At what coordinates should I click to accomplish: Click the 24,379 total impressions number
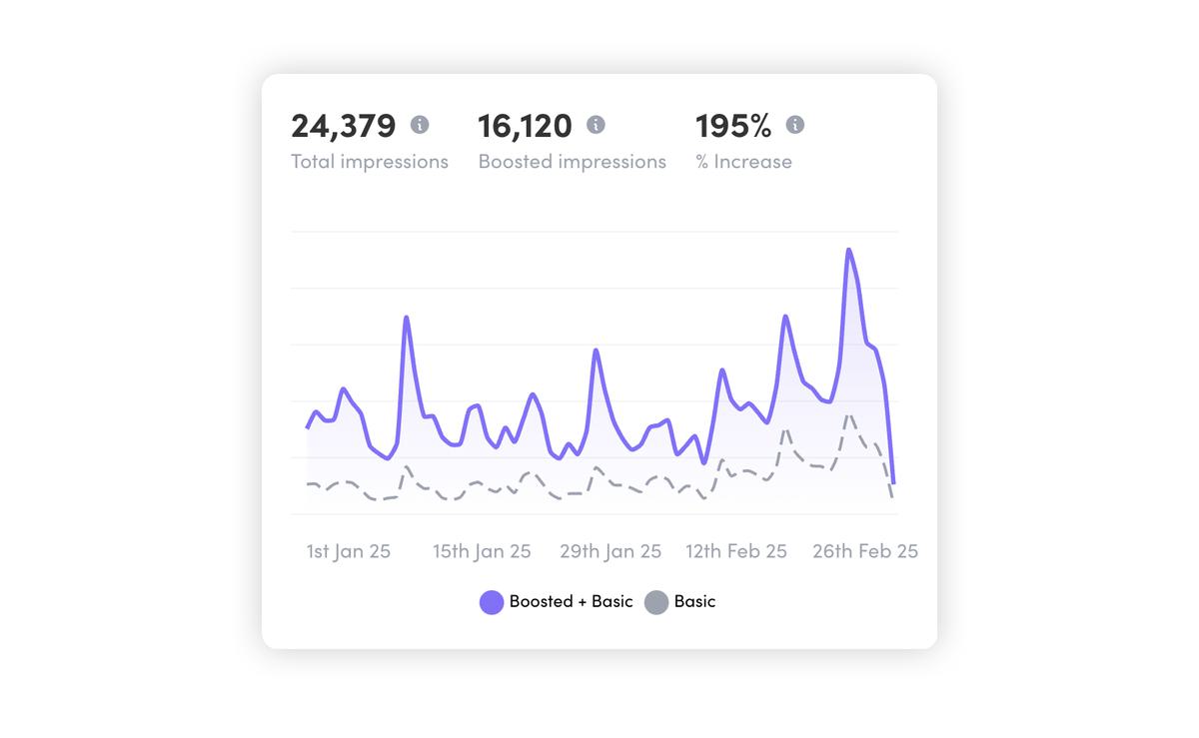tap(343, 126)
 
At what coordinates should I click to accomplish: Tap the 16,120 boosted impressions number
tap(525, 126)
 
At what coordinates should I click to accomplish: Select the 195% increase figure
tap(733, 126)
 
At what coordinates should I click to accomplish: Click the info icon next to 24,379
tap(420, 125)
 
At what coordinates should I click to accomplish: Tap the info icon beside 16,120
tap(596, 125)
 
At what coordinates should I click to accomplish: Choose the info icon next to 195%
tap(795, 125)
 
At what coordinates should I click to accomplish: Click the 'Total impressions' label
tap(370, 162)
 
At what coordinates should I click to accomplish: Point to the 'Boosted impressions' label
tap(572, 162)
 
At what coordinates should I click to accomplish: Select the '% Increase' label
tap(743, 162)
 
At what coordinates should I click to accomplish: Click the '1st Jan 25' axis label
tap(348, 551)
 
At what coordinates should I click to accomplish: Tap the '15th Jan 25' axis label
tap(482, 551)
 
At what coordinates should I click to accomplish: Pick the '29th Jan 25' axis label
tap(610, 551)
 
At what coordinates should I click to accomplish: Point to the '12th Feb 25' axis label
tap(736, 551)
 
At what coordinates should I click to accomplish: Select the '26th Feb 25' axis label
tap(865, 551)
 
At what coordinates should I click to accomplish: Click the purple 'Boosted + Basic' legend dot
tap(492, 602)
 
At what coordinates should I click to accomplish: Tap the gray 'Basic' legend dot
tap(655, 602)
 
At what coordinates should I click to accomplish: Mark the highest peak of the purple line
tap(849, 250)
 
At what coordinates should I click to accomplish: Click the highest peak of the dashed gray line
tap(848, 415)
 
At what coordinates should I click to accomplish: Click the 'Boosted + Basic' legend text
tap(571, 602)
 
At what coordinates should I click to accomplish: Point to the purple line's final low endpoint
tap(893, 483)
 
